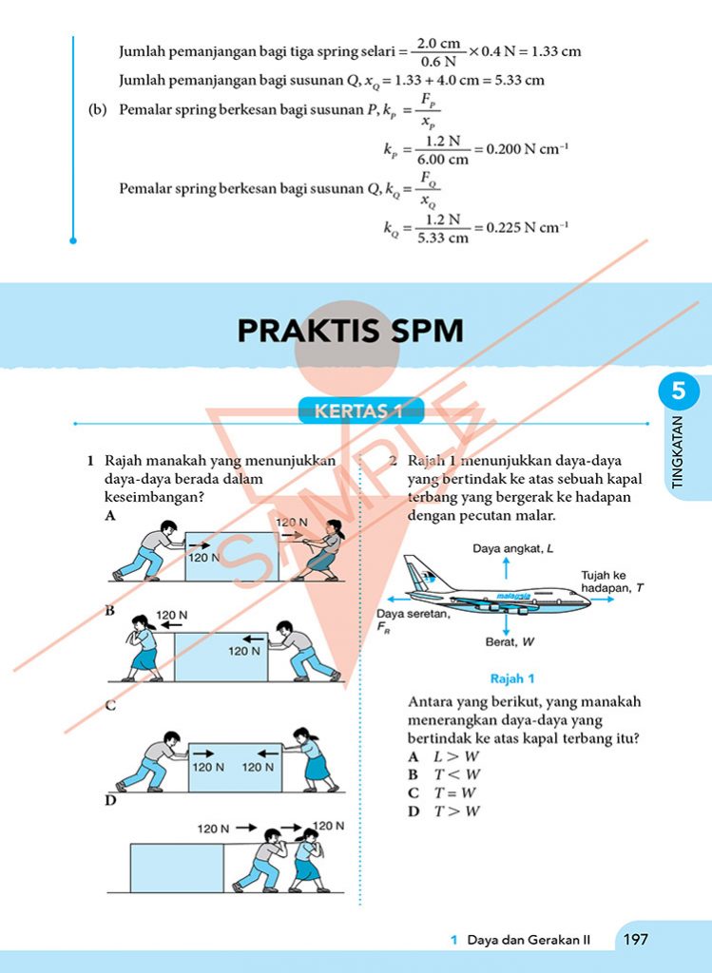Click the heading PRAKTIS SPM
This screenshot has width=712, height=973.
[x=350, y=331]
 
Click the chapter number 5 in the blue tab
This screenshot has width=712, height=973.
[x=679, y=390]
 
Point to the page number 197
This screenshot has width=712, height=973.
[x=635, y=940]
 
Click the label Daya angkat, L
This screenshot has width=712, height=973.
[x=513, y=549]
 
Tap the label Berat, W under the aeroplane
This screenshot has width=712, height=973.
[x=510, y=641]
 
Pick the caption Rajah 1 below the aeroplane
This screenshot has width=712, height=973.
[x=512, y=678]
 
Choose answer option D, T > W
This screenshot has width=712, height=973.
[x=444, y=811]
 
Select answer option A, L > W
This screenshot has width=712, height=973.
[x=444, y=756]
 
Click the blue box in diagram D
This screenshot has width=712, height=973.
[x=176, y=867]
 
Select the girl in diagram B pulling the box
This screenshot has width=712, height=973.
[x=144, y=646]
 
